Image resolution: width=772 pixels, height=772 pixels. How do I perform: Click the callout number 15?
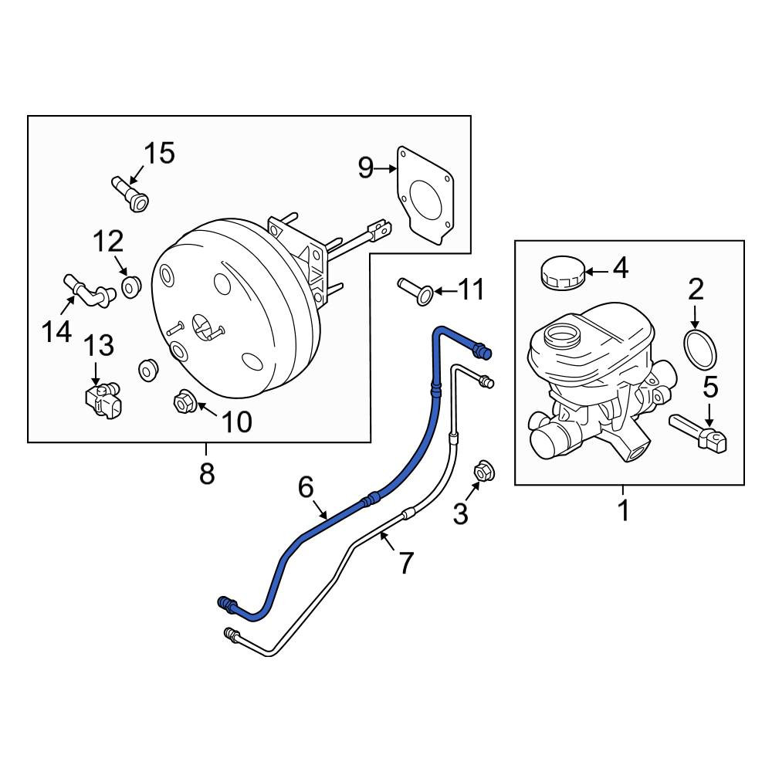(x=159, y=153)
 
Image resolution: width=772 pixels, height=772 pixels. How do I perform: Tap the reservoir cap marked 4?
(x=562, y=273)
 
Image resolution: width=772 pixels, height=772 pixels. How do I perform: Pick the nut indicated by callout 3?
(x=483, y=471)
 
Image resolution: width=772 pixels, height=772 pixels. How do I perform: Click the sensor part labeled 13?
(x=103, y=401)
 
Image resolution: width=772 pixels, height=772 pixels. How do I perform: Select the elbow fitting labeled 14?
(x=89, y=291)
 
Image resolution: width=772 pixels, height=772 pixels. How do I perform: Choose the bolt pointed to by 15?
(x=130, y=194)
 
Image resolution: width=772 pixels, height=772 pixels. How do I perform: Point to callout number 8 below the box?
(x=207, y=474)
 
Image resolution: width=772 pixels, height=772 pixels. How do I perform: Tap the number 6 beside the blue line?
(x=306, y=488)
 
